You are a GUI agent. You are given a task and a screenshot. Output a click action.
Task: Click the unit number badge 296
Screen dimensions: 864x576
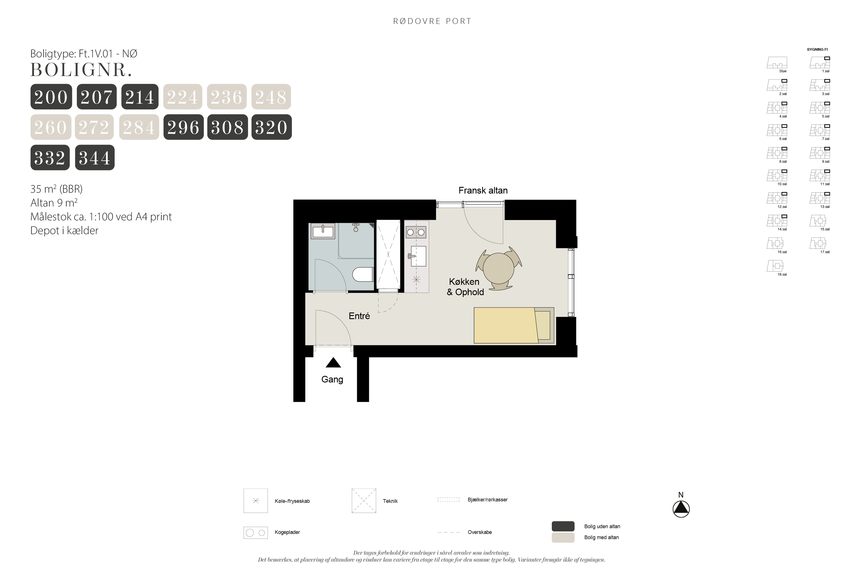point(183,127)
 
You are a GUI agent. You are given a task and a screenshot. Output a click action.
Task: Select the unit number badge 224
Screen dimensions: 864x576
point(183,96)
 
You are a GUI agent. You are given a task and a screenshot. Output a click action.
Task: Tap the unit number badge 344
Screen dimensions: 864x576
point(95,158)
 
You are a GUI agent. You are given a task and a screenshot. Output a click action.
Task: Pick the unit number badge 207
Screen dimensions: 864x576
point(96,96)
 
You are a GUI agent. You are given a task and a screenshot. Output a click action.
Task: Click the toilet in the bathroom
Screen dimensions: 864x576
point(363,274)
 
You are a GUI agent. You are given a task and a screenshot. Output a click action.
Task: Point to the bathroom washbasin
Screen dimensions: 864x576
point(323,232)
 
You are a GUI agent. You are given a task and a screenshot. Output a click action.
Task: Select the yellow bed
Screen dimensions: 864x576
point(514,325)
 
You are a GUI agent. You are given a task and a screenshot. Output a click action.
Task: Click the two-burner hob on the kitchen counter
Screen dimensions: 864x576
point(416,232)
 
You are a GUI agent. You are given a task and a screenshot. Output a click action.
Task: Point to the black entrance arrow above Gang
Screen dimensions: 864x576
point(333,363)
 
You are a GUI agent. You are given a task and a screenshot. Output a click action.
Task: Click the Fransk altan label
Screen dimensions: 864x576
point(483,191)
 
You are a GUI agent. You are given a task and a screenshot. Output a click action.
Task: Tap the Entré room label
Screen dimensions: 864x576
point(359,316)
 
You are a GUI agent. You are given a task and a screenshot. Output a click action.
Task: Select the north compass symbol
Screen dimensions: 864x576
point(681,509)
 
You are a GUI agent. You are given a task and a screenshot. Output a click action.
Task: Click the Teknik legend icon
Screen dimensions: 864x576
point(364,501)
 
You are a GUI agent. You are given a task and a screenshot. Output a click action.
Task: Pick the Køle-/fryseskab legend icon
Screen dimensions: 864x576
point(256,501)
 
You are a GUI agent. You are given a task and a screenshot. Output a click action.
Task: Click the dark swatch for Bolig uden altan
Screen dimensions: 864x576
point(563,526)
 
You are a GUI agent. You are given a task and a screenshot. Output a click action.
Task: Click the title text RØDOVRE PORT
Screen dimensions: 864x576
point(432,21)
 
